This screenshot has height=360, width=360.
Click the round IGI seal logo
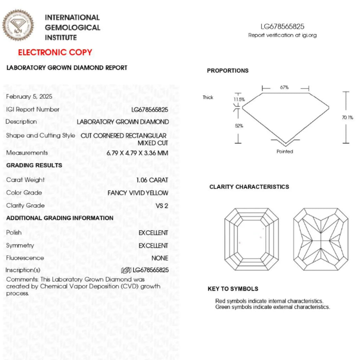[18, 25]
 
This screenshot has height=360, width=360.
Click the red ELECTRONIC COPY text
[55, 53]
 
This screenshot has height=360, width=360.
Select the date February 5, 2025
[29, 96]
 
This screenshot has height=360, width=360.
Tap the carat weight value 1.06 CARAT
[152, 180]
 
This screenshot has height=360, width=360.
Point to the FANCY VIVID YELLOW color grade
[138, 193]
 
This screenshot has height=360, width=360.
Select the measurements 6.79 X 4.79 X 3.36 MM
[137, 153]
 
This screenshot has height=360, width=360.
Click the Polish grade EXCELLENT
[153, 233]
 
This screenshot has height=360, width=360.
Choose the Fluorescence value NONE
[160, 258]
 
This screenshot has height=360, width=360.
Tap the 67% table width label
[284, 88]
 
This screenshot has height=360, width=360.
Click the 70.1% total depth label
[347, 118]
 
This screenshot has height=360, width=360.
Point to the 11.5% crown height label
[239, 99]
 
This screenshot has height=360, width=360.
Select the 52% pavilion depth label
[239, 126]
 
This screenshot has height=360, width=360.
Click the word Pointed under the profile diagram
[285, 152]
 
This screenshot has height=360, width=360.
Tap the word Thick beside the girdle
[208, 97]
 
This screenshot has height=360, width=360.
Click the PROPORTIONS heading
[227, 71]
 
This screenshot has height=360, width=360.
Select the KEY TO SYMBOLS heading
[233, 289]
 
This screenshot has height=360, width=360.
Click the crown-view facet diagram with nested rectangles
[249, 239]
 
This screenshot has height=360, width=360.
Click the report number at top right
[282, 27]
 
